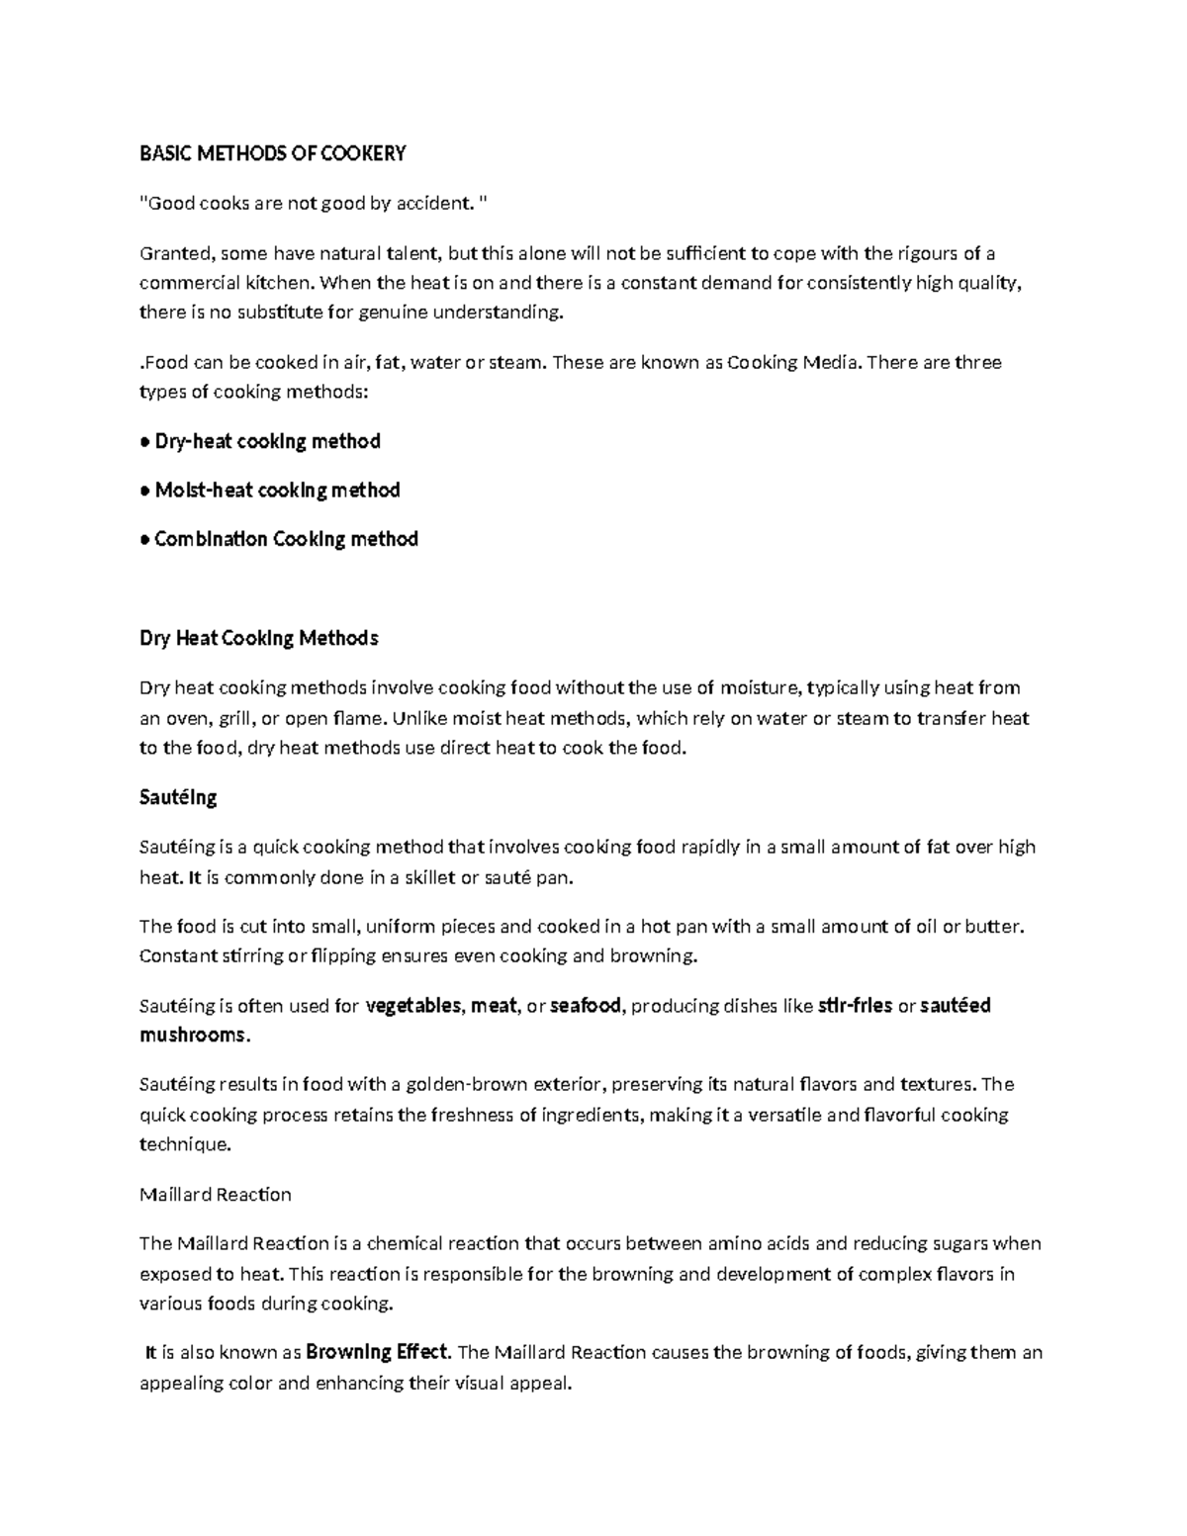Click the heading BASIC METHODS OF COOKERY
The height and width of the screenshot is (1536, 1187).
point(272,153)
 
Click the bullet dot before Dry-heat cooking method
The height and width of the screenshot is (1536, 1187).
point(144,442)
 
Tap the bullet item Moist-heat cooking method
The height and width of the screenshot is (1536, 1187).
point(277,491)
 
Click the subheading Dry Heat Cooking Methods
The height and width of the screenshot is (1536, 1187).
point(258,638)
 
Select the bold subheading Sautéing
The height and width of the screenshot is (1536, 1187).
point(178,797)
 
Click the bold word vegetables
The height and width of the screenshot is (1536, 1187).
point(412,1006)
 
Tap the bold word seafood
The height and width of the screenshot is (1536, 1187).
point(585,1006)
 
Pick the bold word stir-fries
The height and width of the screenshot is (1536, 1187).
point(856,1006)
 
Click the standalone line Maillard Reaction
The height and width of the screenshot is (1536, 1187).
point(215,1195)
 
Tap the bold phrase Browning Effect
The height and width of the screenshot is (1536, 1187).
point(377,1352)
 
